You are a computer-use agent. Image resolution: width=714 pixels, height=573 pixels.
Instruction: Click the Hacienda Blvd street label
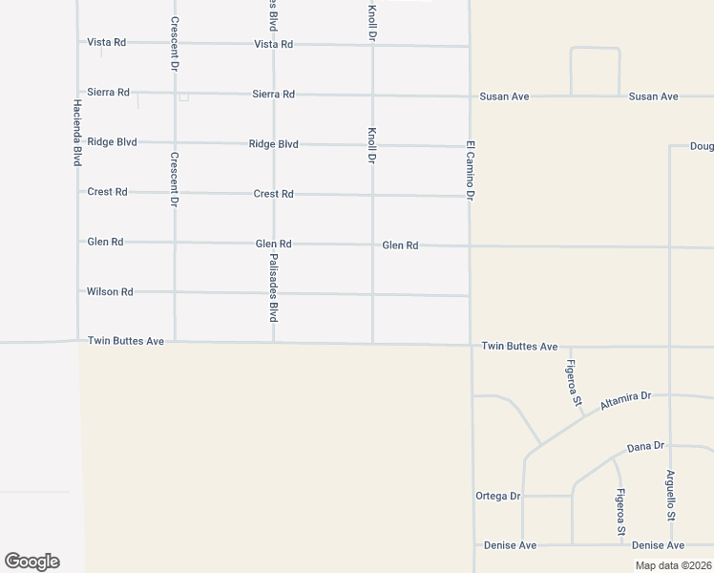(x=77, y=133)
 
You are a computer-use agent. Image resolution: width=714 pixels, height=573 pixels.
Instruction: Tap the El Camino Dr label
(x=470, y=170)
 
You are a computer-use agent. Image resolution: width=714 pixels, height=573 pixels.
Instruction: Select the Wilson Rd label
(x=110, y=291)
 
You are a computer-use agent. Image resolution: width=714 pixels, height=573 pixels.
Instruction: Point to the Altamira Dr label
(x=625, y=401)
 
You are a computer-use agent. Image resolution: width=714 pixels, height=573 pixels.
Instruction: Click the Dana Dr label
(x=645, y=446)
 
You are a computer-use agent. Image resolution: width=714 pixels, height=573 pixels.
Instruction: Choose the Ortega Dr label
(x=497, y=496)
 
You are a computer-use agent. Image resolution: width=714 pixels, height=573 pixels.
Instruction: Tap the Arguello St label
(x=671, y=496)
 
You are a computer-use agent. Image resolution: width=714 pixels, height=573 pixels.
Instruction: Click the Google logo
(x=31, y=562)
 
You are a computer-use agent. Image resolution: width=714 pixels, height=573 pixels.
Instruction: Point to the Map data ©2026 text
(x=673, y=565)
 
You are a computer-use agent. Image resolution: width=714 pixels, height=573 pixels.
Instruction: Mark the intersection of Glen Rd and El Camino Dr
(x=470, y=245)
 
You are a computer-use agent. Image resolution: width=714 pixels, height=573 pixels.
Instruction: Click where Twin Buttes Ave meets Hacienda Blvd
(x=78, y=340)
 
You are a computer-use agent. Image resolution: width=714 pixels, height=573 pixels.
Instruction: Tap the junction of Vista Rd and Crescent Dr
(x=175, y=43)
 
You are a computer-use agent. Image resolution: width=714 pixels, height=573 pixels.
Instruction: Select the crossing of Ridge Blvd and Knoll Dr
(x=371, y=145)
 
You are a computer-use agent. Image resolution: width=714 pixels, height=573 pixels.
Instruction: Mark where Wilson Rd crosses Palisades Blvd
(x=274, y=293)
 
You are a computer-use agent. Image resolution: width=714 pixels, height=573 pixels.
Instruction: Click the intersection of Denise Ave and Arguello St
(x=671, y=545)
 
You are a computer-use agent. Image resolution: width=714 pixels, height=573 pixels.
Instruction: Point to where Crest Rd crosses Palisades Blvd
(x=274, y=194)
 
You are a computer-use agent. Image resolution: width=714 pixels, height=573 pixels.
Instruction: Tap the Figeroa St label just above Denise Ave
(x=620, y=512)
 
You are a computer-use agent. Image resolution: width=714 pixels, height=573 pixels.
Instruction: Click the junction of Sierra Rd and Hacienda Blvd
(x=78, y=93)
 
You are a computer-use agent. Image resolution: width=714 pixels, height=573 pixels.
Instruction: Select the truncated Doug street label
(x=703, y=147)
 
